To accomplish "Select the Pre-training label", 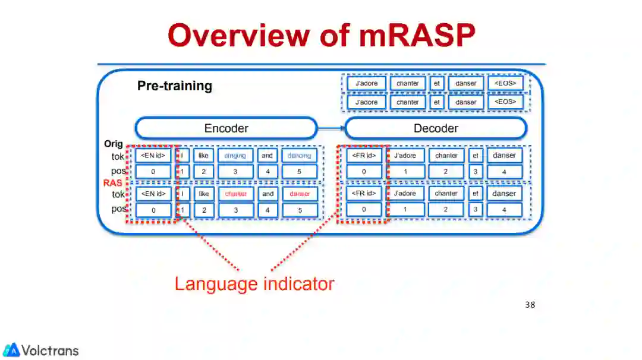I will pos(175,86).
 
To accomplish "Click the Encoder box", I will pos(226,128).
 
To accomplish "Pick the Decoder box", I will pos(436,128).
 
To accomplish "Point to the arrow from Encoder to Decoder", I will pos(331,128).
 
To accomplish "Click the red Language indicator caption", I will pos(254,283).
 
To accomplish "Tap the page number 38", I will pos(530,305).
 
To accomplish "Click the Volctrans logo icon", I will pos(11,350).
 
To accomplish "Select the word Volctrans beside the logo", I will pos(51,350).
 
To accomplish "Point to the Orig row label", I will pos(113,144).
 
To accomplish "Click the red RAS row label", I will pos(112,183).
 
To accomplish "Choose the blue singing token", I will pos(235,156).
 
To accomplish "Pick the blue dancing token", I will pos(299,156).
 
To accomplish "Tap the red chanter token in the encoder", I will pos(235,194).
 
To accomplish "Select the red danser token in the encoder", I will pos(300,194).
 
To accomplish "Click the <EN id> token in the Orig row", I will pos(153,156).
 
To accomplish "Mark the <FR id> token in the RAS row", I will pos(364,194).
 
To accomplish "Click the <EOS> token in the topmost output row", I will pos(505,83).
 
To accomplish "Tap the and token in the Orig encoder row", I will pos(267,156).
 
